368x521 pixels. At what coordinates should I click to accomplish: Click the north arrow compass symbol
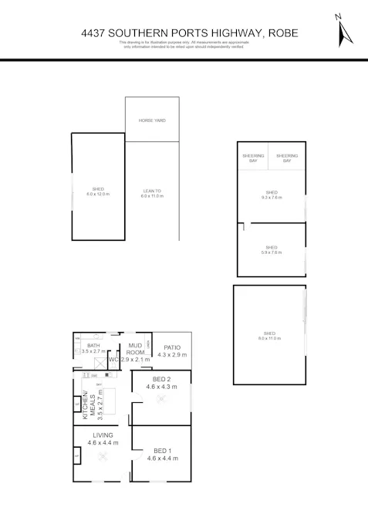click(343, 30)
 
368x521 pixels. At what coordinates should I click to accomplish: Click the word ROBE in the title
click(283, 33)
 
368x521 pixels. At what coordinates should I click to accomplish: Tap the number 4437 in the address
click(93, 33)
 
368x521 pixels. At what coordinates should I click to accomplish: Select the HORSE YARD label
click(152, 120)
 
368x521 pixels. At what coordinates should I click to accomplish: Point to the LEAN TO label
click(152, 191)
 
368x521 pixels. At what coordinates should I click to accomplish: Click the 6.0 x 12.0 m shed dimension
click(98, 195)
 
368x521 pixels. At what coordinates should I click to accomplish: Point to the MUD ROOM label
click(137, 350)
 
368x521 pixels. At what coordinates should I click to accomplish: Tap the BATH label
click(93, 345)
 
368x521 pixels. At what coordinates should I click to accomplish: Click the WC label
click(113, 360)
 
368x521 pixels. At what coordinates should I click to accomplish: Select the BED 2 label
click(161, 379)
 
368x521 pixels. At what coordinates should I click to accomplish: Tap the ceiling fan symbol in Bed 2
click(161, 399)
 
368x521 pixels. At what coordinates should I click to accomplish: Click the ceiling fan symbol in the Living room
click(103, 456)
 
